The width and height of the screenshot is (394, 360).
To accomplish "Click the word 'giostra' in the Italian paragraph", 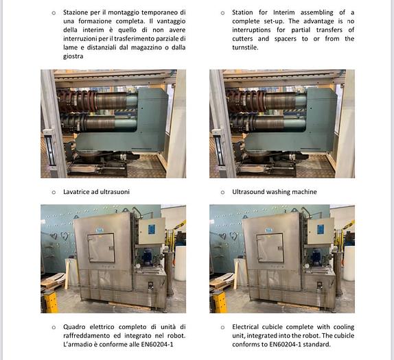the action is pyautogui.click(x=73, y=56).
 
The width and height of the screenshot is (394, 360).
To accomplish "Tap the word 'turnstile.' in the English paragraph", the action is pyautogui.click(x=245, y=47).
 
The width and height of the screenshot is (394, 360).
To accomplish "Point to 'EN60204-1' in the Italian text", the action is pyautogui.click(x=157, y=344).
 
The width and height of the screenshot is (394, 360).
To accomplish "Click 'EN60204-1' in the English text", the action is pyautogui.click(x=285, y=344).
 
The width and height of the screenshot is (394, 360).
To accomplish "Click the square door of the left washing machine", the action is pyautogui.click(x=101, y=248).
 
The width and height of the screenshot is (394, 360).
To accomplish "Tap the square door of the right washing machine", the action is pyautogui.click(x=270, y=248).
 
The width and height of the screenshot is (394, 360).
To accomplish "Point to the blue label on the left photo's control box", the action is pyautogui.click(x=152, y=230).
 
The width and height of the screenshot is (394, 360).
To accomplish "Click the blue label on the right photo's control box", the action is pyautogui.click(x=321, y=230).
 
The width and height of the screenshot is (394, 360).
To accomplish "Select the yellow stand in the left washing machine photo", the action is pyautogui.click(x=51, y=302).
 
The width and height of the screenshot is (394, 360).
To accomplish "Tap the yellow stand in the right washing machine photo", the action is pyautogui.click(x=220, y=302).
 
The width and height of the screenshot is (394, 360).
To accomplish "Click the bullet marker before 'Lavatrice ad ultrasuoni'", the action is pyautogui.click(x=54, y=193).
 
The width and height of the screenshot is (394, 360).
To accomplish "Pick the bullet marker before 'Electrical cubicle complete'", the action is pyautogui.click(x=222, y=327).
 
